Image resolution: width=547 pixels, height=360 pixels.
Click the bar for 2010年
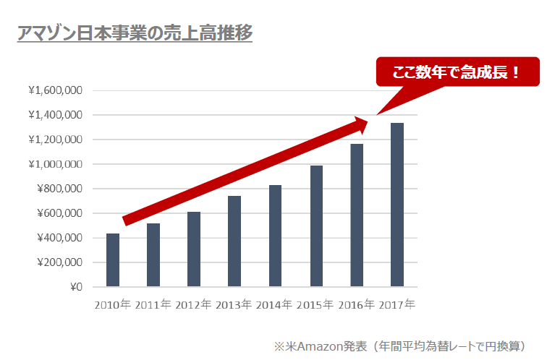click(x=113, y=260)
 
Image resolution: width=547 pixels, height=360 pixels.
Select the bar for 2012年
click(x=194, y=249)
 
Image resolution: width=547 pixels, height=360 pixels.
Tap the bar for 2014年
click(x=275, y=236)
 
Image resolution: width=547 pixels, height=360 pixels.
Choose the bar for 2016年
click(x=357, y=215)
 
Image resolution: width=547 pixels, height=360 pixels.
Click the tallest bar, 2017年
click(x=397, y=205)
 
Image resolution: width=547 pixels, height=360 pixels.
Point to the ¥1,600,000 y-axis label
click(x=55, y=90)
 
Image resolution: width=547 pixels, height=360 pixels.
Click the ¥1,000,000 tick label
click(x=55, y=164)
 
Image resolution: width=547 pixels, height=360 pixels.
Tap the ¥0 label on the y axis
click(x=75, y=287)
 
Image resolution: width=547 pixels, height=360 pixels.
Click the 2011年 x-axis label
click(x=153, y=304)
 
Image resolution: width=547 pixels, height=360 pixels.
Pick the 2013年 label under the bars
click(x=234, y=304)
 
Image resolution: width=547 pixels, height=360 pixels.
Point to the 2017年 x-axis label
click(x=397, y=304)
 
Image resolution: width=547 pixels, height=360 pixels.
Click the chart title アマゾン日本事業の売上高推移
click(x=135, y=33)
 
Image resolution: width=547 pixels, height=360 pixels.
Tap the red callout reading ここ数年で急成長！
click(x=457, y=72)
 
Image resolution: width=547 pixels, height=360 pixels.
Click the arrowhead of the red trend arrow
click(x=362, y=125)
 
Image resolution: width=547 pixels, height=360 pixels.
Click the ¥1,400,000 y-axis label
click(x=55, y=115)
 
